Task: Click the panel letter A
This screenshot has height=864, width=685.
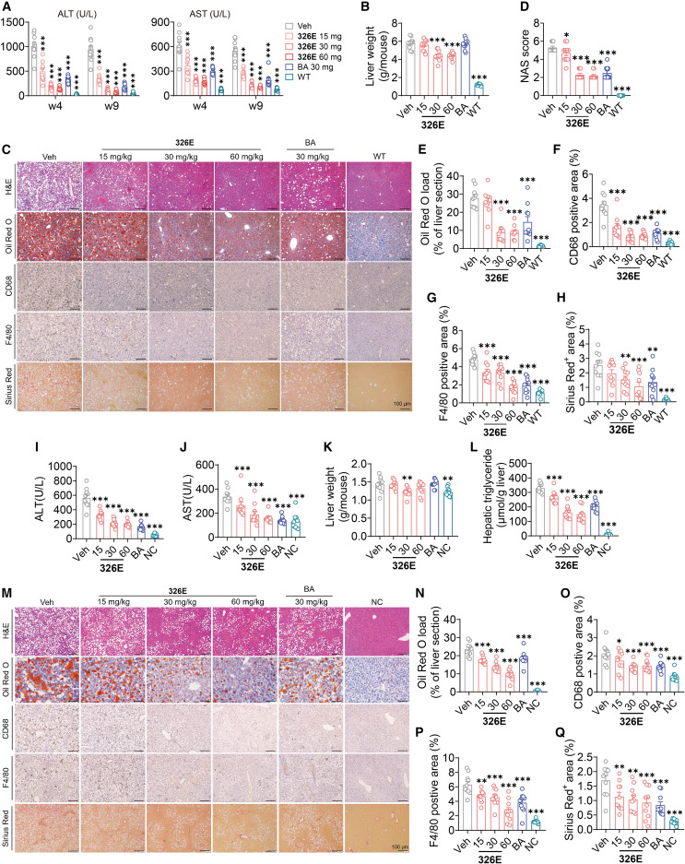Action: click(7, 7)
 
